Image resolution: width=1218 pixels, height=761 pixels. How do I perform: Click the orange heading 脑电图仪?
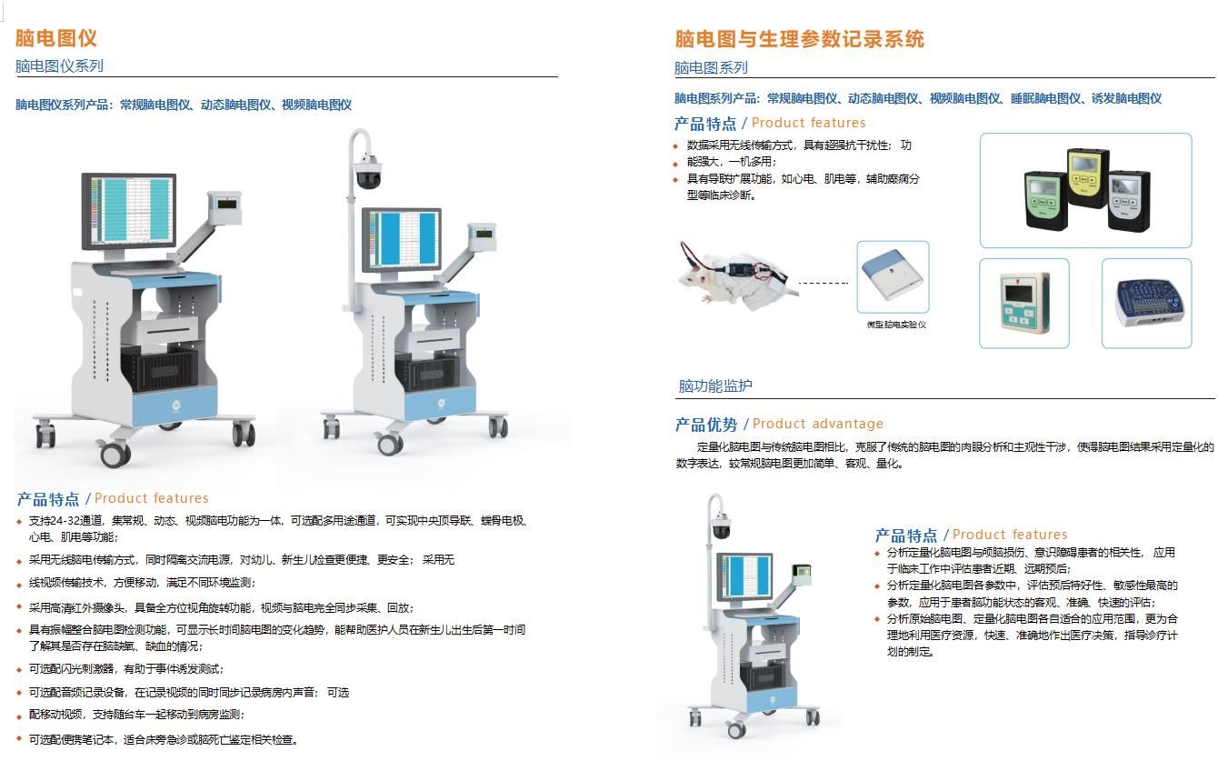click(x=56, y=38)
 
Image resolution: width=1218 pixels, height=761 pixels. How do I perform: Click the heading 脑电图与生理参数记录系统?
click(x=799, y=39)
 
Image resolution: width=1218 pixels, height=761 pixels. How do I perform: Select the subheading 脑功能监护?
click(x=715, y=386)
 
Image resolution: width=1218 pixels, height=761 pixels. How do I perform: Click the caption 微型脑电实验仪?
click(x=896, y=325)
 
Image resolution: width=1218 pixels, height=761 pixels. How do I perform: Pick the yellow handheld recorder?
click(x=1087, y=176)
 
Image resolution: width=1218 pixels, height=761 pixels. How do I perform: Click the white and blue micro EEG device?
click(x=893, y=275)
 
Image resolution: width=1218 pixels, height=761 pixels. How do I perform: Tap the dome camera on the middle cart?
click(x=368, y=170)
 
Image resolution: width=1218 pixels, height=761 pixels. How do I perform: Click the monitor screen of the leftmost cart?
click(x=129, y=211)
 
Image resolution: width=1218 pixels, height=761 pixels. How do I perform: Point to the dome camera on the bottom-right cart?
click(x=721, y=526)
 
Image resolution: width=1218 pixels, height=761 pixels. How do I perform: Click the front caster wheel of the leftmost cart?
click(x=115, y=453)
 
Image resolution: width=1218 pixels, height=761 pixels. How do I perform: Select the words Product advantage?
click(x=818, y=424)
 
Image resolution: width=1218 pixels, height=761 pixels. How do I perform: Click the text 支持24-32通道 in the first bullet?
click(x=65, y=521)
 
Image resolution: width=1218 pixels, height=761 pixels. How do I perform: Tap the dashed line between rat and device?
click(x=824, y=283)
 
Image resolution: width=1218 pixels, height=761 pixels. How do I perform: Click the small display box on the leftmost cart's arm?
click(x=225, y=207)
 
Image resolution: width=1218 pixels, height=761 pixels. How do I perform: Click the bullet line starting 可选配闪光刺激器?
click(x=126, y=669)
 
